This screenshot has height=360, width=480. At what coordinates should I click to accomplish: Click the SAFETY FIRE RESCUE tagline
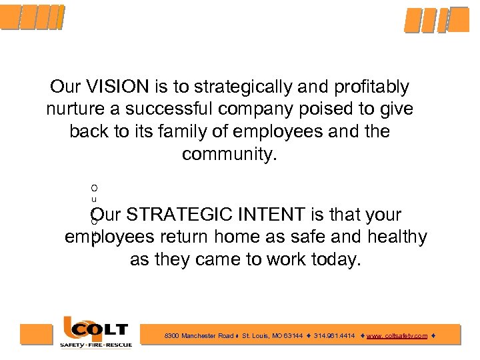[96, 345]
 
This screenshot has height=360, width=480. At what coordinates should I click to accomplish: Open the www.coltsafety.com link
[397, 336]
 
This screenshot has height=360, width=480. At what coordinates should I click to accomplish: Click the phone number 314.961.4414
[334, 336]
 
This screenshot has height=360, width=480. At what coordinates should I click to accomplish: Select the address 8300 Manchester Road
[199, 336]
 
